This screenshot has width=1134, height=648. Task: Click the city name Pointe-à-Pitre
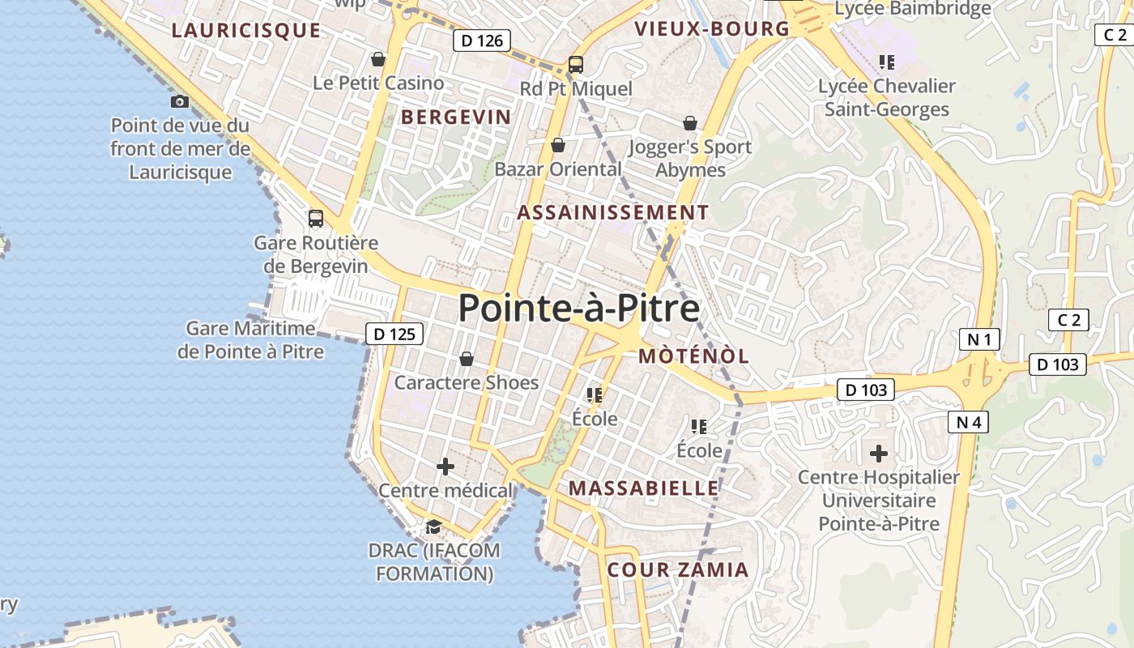(579, 309)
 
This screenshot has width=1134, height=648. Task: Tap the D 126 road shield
(482, 40)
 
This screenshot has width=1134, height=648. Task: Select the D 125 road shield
(394, 333)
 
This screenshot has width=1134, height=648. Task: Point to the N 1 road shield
(979, 339)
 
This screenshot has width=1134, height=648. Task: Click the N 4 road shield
(968, 421)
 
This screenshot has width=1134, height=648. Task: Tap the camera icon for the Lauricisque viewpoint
(180, 101)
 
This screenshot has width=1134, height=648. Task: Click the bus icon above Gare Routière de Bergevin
(316, 219)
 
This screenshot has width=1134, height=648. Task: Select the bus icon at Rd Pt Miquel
(576, 65)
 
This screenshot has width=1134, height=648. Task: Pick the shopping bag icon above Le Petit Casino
(378, 59)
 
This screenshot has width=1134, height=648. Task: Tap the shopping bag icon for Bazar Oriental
(558, 146)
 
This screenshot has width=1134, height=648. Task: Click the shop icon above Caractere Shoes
(467, 359)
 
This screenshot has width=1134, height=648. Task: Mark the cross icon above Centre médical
(446, 467)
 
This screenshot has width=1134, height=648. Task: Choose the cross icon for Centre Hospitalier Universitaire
(879, 454)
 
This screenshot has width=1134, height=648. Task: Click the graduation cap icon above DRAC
(433, 527)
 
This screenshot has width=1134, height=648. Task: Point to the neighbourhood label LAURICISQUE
(246, 31)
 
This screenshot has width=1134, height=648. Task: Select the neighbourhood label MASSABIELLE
(644, 488)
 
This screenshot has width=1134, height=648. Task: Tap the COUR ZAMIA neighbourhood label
(678, 569)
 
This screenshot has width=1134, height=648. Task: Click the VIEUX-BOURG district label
(712, 29)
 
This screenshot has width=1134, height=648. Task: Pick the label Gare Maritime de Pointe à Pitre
(250, 340)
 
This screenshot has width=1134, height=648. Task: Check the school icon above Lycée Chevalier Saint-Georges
(887, 62)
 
